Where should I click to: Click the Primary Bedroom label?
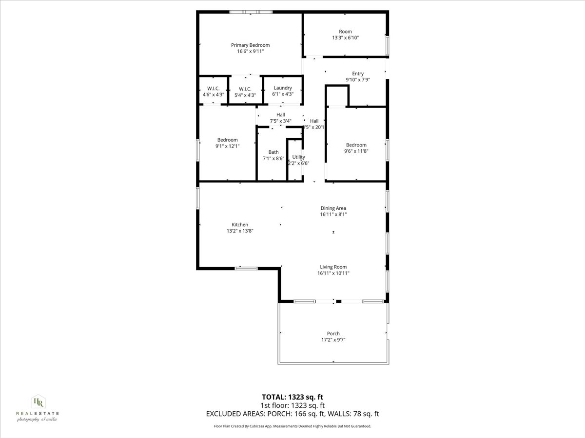pyautogui.click(x=250, y=45)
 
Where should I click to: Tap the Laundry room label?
pyautogui.click(x=283, y=88)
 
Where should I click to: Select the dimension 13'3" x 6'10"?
pyautogui.click(x=345, y=38)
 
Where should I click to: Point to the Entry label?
pyautogui.click(x=358, y=74)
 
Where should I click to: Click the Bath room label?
pyautogui.click(x=273, y=152)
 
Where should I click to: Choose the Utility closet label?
pyautogui.click(x=298, y=157)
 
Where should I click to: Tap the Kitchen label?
pyautogui.click(x=240, y=225)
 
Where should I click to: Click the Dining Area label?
pyautogui.click(x=333, y=208)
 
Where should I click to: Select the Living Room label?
pyautogui.click(x=333, y=267)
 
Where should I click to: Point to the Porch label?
pyautogui.click(x=333, y=334)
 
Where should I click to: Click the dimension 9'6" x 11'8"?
pyautogui.click(x=356, y=151)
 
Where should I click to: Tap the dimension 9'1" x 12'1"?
pyautogui.click(x=228, y=146)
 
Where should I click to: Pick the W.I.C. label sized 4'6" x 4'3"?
pyautogui.click(x=213, y=89)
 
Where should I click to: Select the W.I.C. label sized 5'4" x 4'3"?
pyautogui.click(x=245, y=89)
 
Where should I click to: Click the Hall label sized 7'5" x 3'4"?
pyautogui.click(x=280, y=115)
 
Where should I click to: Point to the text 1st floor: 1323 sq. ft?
pyautogui.click(x=292, y=405)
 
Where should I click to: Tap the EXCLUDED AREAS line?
pyautogui.click(x=292, y=414)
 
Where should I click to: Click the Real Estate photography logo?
pyautogui.click(x=38, y=408)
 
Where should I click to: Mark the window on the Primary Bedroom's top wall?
pyautogui.click(x=251, y=12)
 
